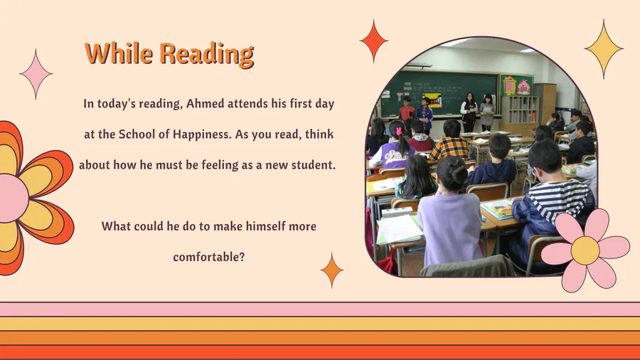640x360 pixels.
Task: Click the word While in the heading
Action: pos(119,53)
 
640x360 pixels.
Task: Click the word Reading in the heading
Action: pos(206,54)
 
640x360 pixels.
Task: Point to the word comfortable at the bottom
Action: pos(208,257)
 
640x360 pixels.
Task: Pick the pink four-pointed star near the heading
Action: pos(36,74)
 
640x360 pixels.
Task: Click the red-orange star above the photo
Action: pos(374,41)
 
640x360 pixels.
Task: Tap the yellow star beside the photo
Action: pos(604,48)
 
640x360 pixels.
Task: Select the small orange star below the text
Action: pos(332,270)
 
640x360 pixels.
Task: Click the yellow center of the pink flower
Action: pos(585,250)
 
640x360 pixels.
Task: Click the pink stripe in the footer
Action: pos(320,309)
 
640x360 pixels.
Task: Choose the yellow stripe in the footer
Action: pos(320,324)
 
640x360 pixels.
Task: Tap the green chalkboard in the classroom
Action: pos(439,93)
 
